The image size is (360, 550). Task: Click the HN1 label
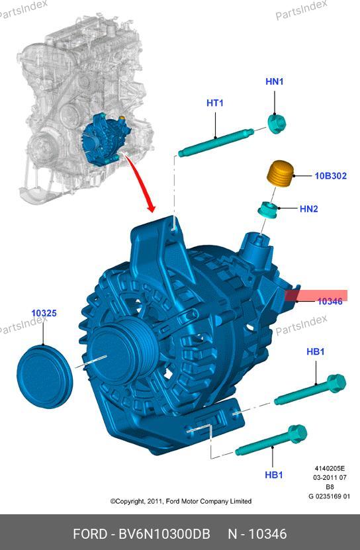[274, 81]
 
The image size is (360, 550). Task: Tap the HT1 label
[214, 103]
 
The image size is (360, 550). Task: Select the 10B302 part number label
[330, 175]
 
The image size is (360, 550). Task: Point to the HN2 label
[309, 208]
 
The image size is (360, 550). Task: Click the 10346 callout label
[330, 301]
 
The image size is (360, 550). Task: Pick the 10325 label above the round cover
[44, 313]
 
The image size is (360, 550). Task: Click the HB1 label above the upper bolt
[316, 351]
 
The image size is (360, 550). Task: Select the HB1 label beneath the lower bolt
[274, 475]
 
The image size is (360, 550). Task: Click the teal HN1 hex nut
[277, 124]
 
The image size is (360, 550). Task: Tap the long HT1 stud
[216, 142]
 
